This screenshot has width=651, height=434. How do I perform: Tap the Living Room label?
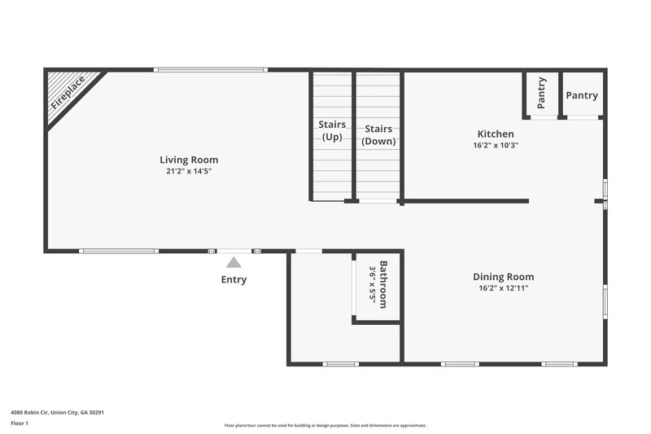coord(189,160)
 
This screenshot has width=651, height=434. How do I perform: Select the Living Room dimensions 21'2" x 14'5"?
coord(189,172)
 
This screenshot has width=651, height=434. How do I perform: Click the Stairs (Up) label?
coord(331,130)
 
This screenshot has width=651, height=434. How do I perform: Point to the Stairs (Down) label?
coord(378,134)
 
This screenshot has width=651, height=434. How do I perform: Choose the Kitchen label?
coord(495,134)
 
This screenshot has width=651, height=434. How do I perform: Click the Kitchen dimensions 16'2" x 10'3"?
coord(495,145)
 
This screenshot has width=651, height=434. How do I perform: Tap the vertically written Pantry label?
coord(541,93)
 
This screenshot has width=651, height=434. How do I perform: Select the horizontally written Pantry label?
coord(582,95)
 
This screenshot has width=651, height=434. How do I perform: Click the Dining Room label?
coord(503,277)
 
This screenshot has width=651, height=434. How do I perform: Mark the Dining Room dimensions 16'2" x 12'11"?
coord(503,288)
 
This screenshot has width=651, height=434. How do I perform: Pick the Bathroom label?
coord(383,284)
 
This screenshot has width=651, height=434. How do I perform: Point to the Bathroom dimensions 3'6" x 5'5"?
coord(373,284)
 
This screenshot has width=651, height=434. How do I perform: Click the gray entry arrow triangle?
coord(234,262)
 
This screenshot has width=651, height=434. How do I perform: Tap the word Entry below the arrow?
coord(234,280)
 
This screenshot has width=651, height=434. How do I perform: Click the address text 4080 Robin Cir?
coord(57,412)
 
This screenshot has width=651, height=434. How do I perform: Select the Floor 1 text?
coord(19,423)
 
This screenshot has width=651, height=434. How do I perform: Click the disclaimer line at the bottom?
coord(325,425)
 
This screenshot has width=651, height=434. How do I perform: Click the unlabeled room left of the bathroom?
coord(321,305)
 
